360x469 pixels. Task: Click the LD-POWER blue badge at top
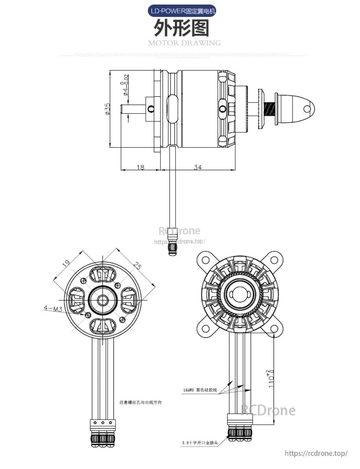[182, 11]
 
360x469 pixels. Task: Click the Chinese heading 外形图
[181, 28]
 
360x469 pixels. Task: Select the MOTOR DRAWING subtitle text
[184, 43]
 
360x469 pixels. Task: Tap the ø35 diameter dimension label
[108, 109]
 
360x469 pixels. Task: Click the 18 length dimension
[141, 167]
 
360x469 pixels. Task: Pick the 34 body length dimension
[198, 167]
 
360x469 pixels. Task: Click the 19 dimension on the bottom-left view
[66, 263]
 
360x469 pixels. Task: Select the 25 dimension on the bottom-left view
[137, 266]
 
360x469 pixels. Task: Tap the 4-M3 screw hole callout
[53, 309]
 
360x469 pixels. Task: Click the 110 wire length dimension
[271, 379]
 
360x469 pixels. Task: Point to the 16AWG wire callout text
[200, 390]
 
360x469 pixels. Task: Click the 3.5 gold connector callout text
[200, 443]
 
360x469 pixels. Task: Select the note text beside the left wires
[140, 402]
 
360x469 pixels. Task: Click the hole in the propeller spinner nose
[307, 109]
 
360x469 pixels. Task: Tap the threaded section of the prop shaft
[270, 109]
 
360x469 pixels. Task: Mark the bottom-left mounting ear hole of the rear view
[205, 329]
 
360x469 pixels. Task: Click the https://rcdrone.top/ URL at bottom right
[316, 453]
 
